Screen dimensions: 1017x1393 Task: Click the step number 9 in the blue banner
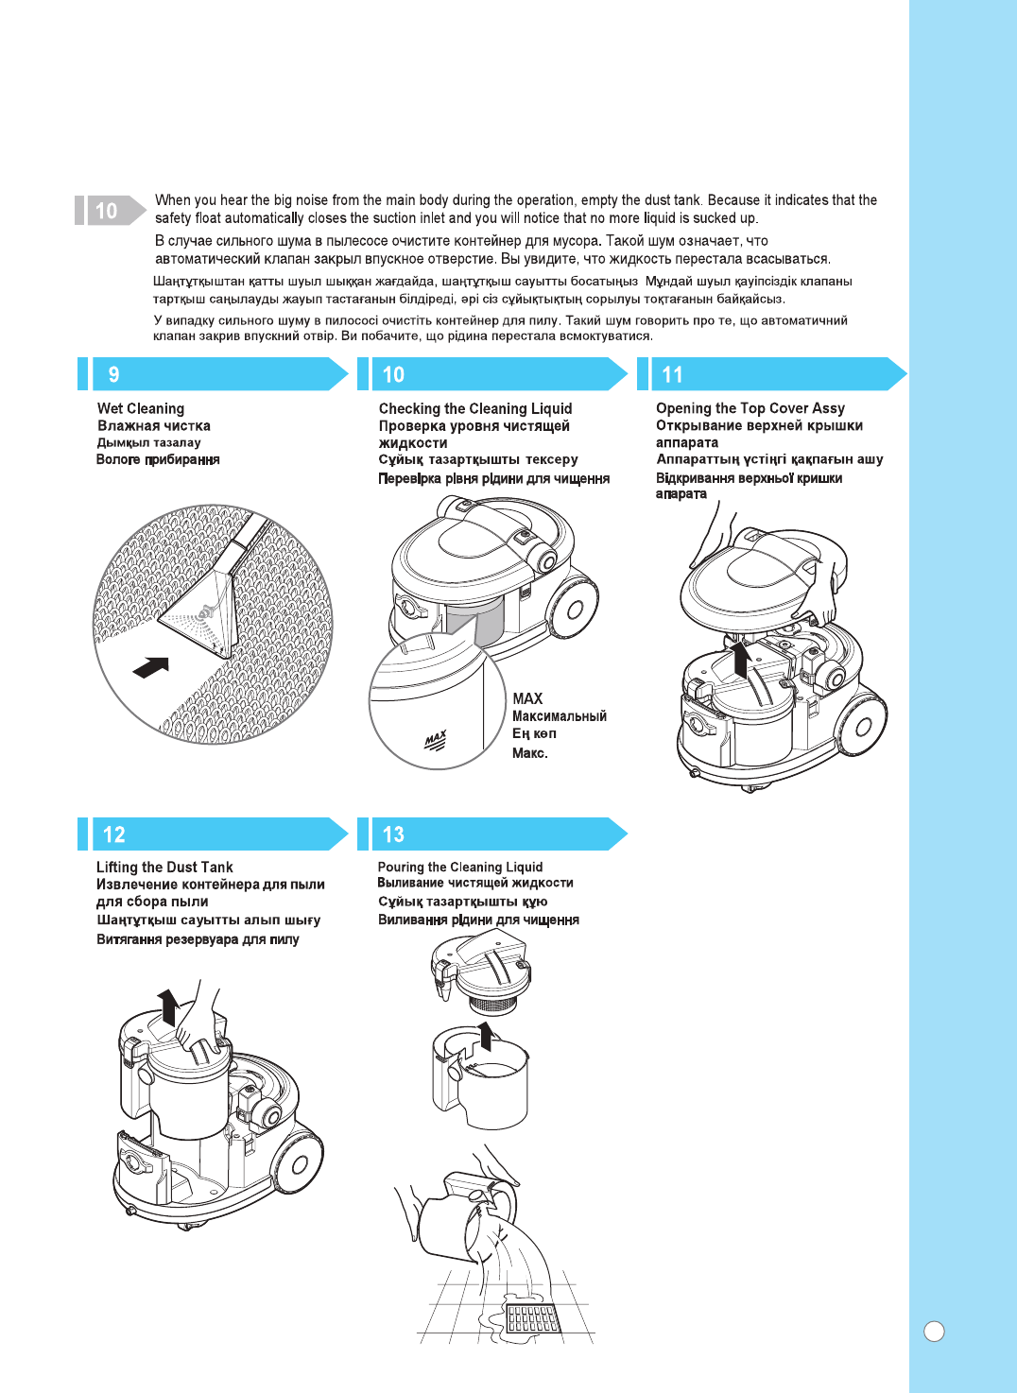113,374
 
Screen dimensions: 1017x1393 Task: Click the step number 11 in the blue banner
672,374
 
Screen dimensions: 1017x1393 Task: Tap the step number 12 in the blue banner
113,834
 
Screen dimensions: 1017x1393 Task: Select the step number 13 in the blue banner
393,834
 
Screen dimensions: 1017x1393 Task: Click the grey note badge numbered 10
107,210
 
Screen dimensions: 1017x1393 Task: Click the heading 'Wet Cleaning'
141,408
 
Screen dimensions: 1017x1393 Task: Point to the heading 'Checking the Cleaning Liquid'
475,408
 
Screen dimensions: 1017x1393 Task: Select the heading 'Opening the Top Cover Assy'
750,408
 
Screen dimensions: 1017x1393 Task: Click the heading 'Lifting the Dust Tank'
164,867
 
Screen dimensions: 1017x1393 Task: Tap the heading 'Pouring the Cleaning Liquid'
460,867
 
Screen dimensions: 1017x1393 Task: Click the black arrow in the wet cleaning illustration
151,666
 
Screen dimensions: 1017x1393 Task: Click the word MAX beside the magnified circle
527,698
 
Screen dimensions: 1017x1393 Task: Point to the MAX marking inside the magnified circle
435,740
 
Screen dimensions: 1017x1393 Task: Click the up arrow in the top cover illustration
742,658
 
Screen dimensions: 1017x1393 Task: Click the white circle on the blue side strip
934,1331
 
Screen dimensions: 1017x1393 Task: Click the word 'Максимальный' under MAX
560,716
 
